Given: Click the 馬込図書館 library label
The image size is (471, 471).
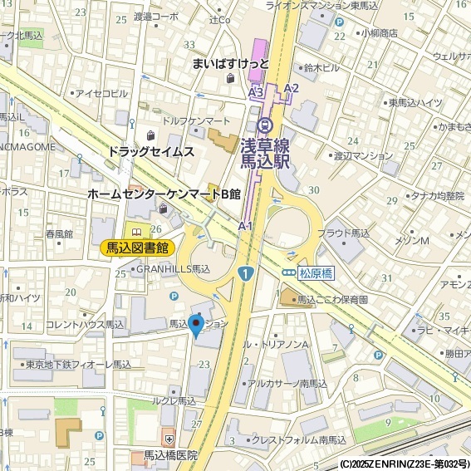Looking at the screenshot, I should click(x=137, y=248).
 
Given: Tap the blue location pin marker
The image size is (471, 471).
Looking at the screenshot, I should click(x=196, y=326).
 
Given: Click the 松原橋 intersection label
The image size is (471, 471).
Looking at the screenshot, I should click(x=316, y=272).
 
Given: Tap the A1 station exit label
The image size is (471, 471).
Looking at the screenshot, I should click(x=245, y=225).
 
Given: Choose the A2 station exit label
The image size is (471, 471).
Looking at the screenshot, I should click(x=291, y=88).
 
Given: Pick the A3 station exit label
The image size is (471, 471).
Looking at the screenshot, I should click(x=256, y=91).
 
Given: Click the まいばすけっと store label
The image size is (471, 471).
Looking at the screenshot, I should click(x=230, y=63).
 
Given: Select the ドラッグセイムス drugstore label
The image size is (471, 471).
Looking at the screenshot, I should click(x=150, y=151).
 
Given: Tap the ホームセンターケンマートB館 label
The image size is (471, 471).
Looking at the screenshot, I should click(x=164, y=194).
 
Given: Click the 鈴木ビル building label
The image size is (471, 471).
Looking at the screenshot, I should click(x=322, y=67).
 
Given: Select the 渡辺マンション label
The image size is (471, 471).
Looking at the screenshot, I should click(x=362, y=155).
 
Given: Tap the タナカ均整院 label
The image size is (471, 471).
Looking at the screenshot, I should click(x=437, y=196).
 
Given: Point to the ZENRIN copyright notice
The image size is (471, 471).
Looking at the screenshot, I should click(x=405, y=464).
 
